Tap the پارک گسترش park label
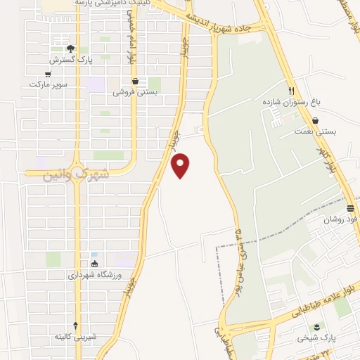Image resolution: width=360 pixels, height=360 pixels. pos(70,60)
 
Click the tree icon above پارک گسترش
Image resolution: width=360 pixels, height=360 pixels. pos(70,49)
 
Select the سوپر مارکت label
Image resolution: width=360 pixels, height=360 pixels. pos(48,84)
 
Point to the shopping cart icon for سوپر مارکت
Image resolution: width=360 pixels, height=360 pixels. pos(48,74)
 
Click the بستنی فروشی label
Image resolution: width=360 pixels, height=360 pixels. pos(134,92)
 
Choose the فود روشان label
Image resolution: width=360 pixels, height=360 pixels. pos(340,219)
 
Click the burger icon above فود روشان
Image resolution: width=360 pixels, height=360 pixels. pos(349,208)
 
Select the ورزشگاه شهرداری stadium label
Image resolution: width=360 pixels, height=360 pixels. pos(95,275)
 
